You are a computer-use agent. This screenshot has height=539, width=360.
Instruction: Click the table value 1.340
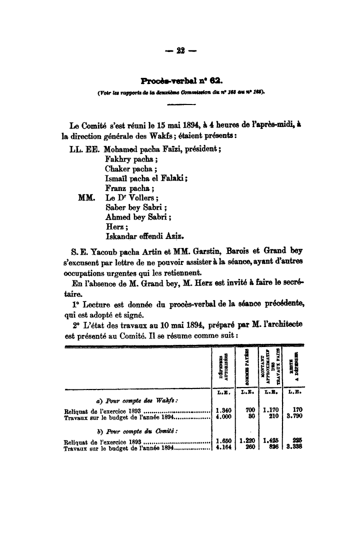pyautogui.click(x=222, y=410)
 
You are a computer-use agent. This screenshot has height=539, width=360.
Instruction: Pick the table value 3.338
pyautogui.click(x=293, y=448)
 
